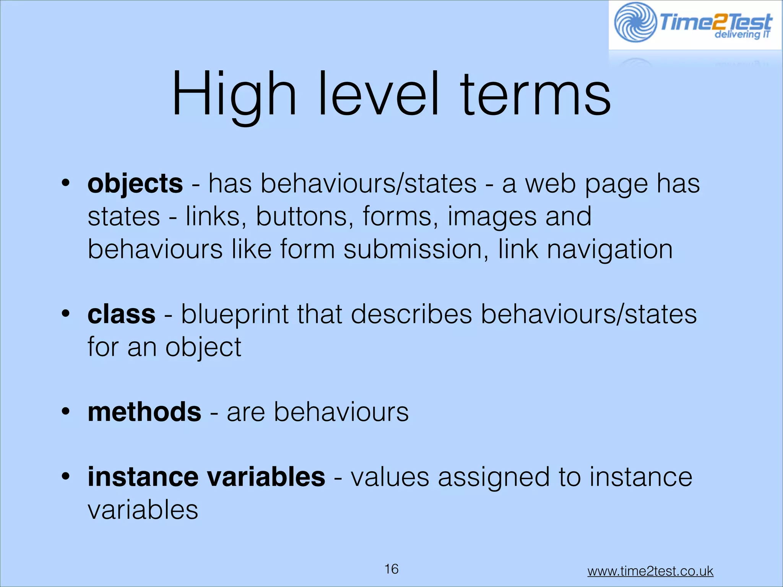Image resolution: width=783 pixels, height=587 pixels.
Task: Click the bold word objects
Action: coord(135,184)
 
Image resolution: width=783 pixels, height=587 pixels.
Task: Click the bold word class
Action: coord(121,315)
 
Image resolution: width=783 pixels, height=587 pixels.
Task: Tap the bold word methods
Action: coord(144,412)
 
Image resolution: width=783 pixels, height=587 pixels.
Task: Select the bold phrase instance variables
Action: coord(206,477)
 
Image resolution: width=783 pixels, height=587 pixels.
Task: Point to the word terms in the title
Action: coord(535,94)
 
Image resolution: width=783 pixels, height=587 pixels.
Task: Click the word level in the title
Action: coord(379,94)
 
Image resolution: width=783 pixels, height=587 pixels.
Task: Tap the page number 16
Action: coord(391,569)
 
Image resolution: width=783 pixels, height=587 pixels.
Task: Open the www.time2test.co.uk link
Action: coord(650,571)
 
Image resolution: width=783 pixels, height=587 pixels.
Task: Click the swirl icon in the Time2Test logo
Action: coord(635,22)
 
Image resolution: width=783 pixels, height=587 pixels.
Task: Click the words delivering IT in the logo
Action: coord(742,35)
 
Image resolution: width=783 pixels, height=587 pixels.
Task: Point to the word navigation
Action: coord(609,250)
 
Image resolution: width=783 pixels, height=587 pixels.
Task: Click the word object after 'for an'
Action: coord(203,347)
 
